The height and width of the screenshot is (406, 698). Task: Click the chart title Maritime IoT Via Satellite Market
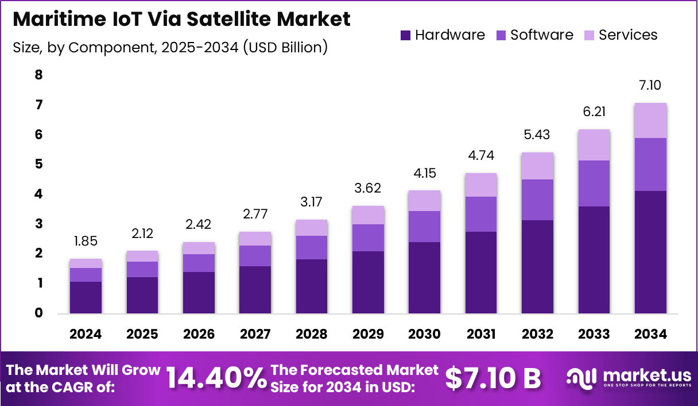pyautogui.click(x=181, y=20)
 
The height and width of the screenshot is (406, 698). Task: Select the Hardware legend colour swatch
pyautogui.click(x=405, y=35)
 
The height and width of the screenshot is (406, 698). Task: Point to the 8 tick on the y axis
pyautogui.click(x=38, y=75)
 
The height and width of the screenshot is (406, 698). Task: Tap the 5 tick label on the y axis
pyautogui.click(x=38, y=164)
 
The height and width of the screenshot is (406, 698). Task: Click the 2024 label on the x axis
pyautogui.click(x=86, y=334)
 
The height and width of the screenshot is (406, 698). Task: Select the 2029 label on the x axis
pyautogui.click(x=367, y=334)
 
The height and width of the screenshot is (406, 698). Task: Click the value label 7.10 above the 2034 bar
pyautogui.click(x=650, y=86)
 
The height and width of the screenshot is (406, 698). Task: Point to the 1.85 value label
pyautogui.click(x=86, y=242)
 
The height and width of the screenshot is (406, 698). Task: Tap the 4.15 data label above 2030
pyautogui.click(x=424, y=173)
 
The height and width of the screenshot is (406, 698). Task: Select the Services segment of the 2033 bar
pyautogui.click(x=594, y=145)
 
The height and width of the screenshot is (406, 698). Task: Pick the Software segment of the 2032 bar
pyautogui.click(x=537, y=200)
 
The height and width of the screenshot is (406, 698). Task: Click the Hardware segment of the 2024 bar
pyautogui.click(x=86, y=297)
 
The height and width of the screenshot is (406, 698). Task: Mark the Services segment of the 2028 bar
pyautogui.click(x=311, y=228)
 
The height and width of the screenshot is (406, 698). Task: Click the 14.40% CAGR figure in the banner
pyautogui.click(x=216, y=378)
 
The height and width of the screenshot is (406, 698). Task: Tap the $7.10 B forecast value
pyautogui.click(x=493, y=378)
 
